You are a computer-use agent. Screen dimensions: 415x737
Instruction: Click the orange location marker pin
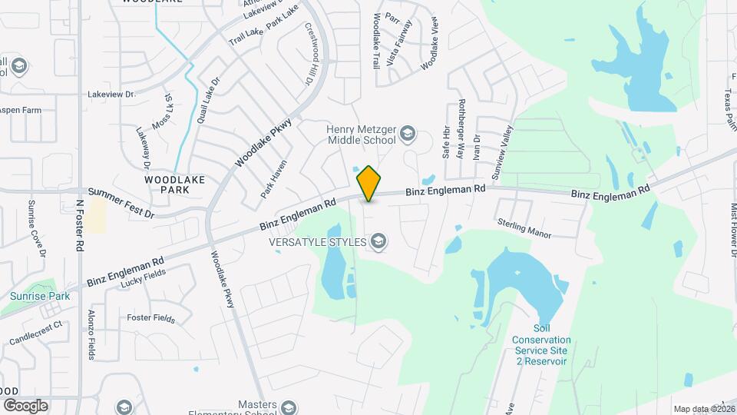369,184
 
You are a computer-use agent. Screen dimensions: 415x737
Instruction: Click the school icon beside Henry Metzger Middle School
408,134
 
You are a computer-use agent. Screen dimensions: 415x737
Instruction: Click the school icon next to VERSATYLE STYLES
378,242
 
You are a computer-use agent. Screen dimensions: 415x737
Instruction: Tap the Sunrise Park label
40,296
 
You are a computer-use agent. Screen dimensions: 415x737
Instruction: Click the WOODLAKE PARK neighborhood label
175,184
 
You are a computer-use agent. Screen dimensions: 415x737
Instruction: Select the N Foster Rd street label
80,226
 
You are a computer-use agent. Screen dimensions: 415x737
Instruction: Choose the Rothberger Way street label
461,128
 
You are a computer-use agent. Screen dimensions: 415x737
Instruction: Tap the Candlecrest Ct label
35,333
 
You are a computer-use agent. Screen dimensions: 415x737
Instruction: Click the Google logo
25,405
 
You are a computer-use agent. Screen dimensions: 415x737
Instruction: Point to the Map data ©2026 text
703,409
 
